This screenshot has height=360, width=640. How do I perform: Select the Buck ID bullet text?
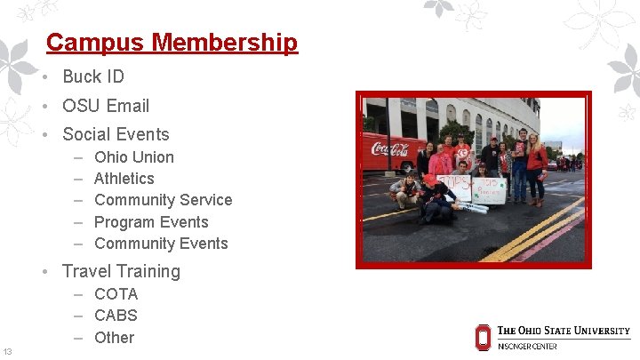92,76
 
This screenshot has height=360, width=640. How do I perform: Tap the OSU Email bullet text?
105,106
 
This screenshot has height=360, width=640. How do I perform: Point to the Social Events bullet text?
115,134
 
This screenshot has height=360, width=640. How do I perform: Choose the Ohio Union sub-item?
133,157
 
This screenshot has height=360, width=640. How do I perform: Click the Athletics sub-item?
124,179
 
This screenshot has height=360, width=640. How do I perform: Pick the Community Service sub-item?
163,200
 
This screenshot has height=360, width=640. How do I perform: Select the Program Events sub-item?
151,222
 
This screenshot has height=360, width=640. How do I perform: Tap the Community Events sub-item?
161,244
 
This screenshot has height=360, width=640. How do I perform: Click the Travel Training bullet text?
121,271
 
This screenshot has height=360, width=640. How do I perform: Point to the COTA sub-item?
116,293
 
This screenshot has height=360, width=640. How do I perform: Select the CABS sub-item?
116,315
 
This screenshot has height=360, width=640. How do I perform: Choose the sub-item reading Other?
114,337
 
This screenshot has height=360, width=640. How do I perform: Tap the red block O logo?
483,337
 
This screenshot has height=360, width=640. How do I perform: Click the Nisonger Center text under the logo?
527,346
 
